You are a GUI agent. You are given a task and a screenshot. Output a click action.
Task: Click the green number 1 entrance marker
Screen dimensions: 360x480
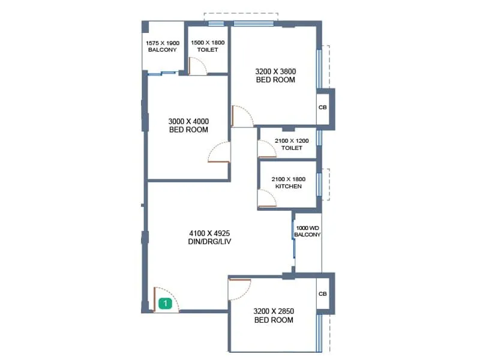click(x=166, y=304)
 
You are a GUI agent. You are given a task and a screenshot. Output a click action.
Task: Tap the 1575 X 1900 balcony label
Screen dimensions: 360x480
click(x=162, y=46)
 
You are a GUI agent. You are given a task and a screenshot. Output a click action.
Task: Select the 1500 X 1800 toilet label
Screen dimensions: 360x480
click(x=207, y=46)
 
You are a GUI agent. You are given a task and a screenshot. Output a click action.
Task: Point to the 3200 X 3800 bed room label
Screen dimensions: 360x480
click(x=276, y=75)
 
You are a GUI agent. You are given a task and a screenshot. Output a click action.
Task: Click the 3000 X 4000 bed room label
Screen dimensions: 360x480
click(x=188, y=125)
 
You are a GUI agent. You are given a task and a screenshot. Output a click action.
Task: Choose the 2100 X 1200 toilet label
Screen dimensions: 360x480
click(x=291, y=144)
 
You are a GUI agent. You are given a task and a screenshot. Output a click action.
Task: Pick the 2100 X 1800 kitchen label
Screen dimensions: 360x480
click(x=288, y=182)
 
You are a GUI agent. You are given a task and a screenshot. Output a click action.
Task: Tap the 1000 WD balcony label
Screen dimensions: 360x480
click(x=308, y=232)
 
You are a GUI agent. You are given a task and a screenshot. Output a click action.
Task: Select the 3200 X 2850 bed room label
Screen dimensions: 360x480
click(x=273, y=316)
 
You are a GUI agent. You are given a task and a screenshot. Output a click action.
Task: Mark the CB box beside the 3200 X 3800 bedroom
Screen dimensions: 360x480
click(x=322, y=108)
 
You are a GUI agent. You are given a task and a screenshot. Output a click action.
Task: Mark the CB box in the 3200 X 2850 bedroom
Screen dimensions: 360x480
click(x=322, y=294)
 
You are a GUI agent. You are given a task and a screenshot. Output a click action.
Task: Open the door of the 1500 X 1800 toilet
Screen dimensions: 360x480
click(x=198, y=66)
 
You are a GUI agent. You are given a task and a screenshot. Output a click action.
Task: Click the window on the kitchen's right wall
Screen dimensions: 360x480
click(x=319, y=184)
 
